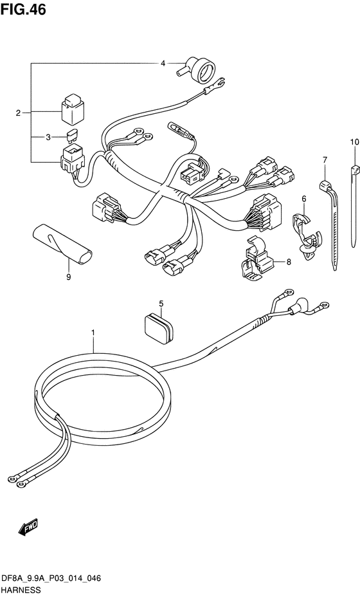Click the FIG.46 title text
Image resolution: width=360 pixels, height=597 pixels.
(23, 10)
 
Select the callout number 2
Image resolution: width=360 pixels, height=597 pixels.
(18, 113)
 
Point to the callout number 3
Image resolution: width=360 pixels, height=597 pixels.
(48, 137)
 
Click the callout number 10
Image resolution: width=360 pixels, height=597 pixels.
(354, 142)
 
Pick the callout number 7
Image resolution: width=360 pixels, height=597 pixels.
(325, 160)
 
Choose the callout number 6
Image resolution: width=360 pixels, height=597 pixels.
(303, 198)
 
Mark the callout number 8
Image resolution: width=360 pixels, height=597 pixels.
(289, 262)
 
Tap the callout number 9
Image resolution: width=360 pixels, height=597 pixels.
(69, 277)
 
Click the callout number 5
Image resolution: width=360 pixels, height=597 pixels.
(161, 304)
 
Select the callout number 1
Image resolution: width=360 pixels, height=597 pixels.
(93, 333)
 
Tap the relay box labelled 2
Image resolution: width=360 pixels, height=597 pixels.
(73, 109)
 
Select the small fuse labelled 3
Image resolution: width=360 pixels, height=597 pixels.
(73, 136)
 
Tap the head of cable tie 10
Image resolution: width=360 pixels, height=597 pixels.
(355, 169)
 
